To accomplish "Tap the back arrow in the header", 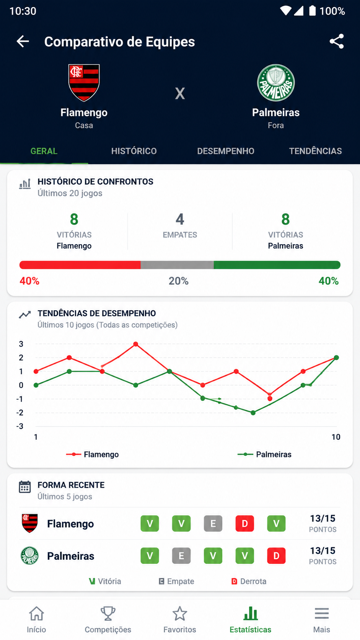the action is coord(23,41).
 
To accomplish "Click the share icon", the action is coord(337,41).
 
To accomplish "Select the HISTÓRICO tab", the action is coord(134,151).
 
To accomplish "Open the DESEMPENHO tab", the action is coord(226,151).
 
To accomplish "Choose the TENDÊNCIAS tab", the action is coord(315,151).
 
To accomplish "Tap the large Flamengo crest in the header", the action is coord(84,83).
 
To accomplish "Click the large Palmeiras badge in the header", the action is coord(276,83).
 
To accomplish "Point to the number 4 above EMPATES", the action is coord(180,219).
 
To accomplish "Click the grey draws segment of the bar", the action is coord(177,265).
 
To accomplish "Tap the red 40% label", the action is coord(29,281).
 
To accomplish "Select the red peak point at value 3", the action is coord(135,344).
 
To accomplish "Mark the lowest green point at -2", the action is coord(253,413).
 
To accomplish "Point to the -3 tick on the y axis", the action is coord(20,426).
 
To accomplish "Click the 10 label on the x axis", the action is coord(336,437).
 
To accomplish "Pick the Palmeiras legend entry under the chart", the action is coord(264,454).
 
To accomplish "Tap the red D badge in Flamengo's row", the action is coord(245,523).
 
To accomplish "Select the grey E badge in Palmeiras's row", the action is coord(181,556).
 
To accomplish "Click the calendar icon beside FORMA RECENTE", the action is coord(25,487).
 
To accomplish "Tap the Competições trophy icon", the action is coord(108,614).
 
